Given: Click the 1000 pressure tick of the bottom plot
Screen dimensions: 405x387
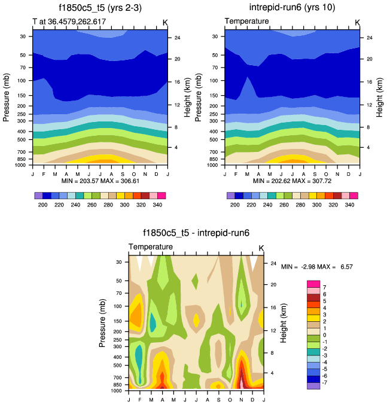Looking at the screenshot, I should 116,391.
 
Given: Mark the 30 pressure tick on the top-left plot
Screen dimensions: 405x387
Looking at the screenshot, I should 22,36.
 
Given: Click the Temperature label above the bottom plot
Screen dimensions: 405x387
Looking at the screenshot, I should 151,246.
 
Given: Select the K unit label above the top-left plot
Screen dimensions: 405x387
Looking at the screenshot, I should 165,22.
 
